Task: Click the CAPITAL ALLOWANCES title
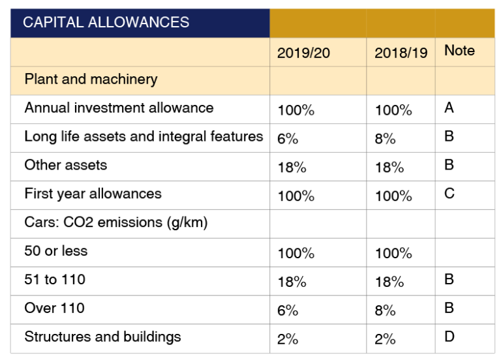pyautogui.click(x=106, y=22)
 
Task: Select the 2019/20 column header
pyautogui.click(x=303, y=53)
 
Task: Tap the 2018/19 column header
pyautogui.click(x=401, y=53)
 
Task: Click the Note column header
pyautogui.click(x=459, y=50)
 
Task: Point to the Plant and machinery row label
pyautogui.click(x=91, y=79)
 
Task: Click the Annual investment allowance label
pyautogui.click(x=119, y=108)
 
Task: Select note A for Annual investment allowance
pyautogui.click(x=449, y=108)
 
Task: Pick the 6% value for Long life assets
pyautogui.click(x=287, y=139)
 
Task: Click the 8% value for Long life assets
pyautogui.click(x=385, y=139)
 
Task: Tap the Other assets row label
pyautogui.click(x=65, y=165)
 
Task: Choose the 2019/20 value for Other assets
pyautogui.click(x=292, y=168)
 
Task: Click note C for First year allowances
pyautogui.click(x=449, y=194)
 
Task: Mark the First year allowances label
pyautogui.click(x=93, y=194)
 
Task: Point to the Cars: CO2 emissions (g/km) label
pyautogui.click(x=115, y=222)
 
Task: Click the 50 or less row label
pyautogui.click(x=55, y=251)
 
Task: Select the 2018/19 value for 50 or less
pyautogui.click(x=393, y=254)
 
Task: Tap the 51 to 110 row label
pyautogui.click(x=55, y=280)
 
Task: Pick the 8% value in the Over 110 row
pyautogui.click(x=385, y=311)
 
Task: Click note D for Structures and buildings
pyautogui.click(x=449, y=337)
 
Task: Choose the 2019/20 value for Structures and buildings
pyautogui.click(x=288, y=340)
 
